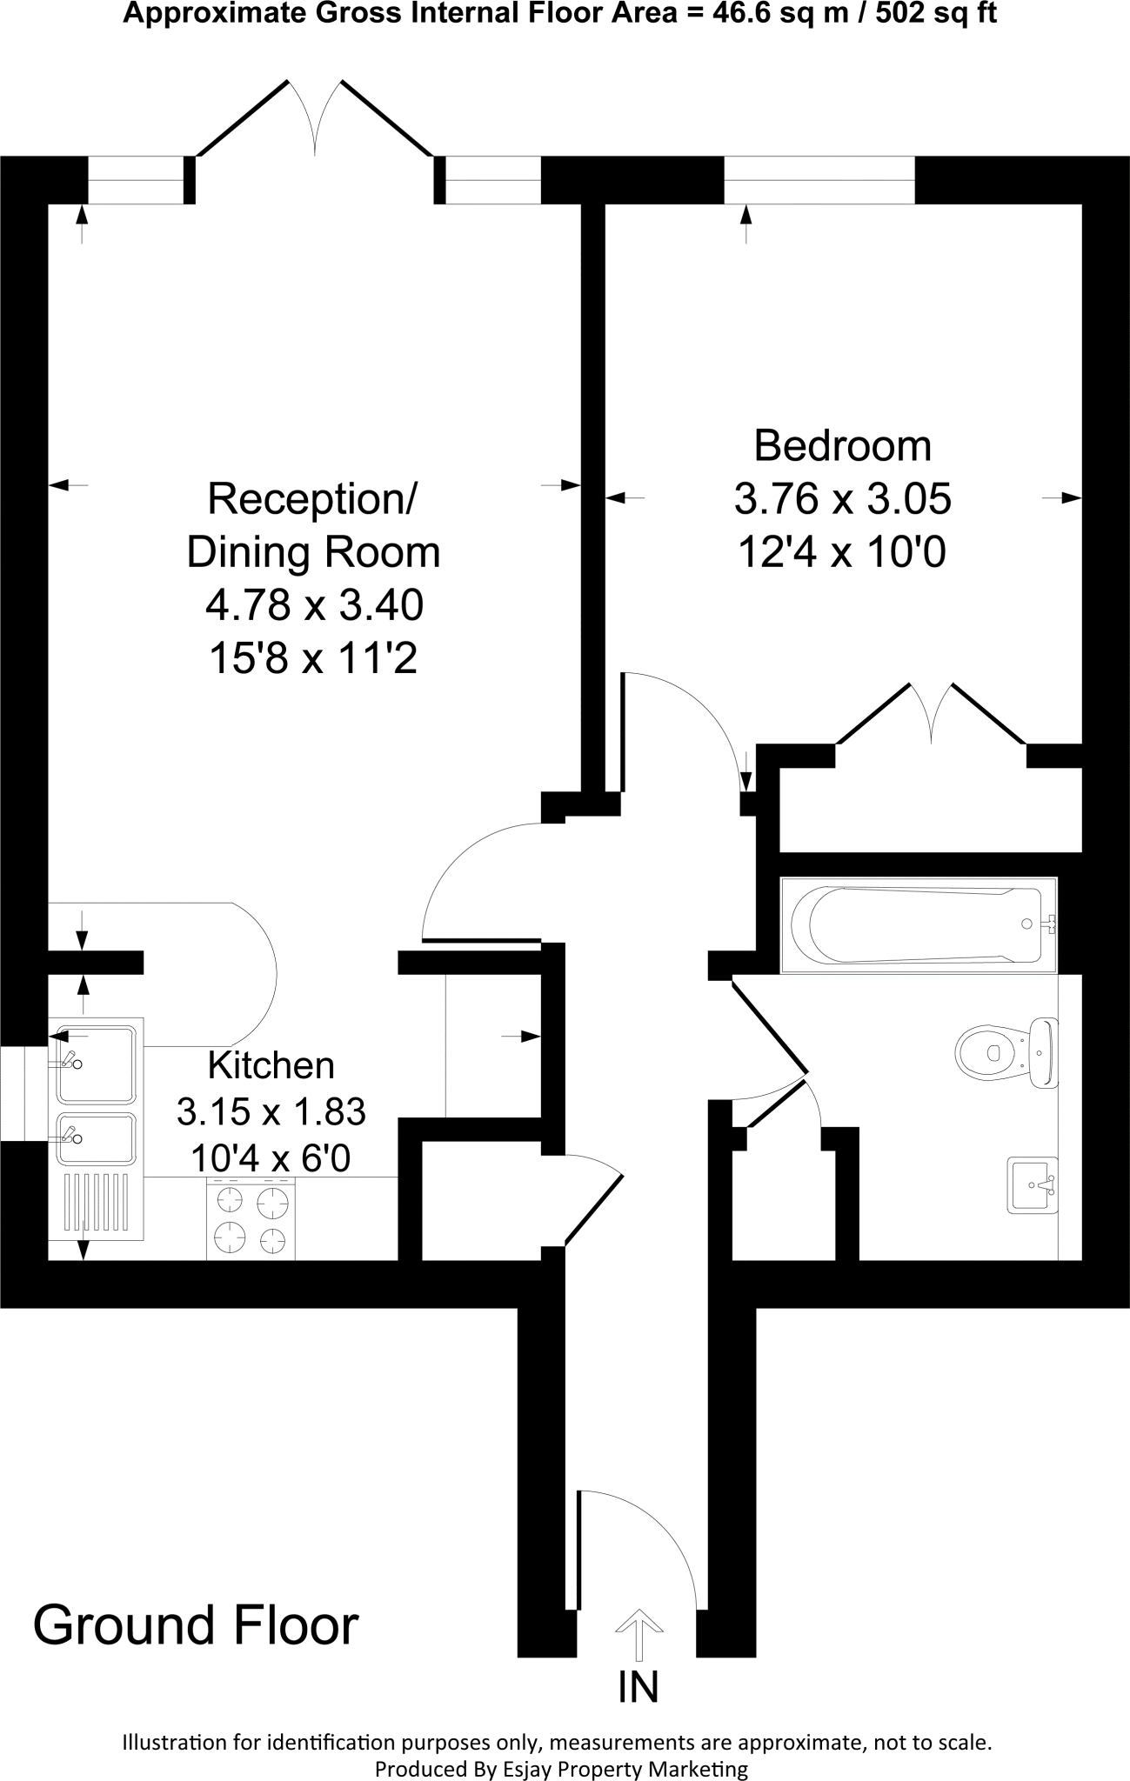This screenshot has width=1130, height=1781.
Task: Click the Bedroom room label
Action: click(x=842, y=445)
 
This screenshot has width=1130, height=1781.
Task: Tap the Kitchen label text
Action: click(x=271, y=1065)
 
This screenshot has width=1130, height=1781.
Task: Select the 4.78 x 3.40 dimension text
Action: click(x=313, y=604)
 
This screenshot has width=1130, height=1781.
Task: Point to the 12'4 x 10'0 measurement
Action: click(x=842, y=551)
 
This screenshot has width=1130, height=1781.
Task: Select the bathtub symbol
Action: click(x=918, y=924)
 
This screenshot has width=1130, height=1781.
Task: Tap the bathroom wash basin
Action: click(x=1033, y=1184)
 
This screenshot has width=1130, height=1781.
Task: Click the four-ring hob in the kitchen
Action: click(x=251, y=1219)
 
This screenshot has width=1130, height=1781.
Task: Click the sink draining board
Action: click(x=97, y=1204)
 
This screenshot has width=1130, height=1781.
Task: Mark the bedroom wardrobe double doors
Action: click(x=932, y=713)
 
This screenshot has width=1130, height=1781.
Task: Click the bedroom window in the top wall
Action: click(x=819, y=180)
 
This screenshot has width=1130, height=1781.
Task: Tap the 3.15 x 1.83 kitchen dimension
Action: click(x=271, y=1111)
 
